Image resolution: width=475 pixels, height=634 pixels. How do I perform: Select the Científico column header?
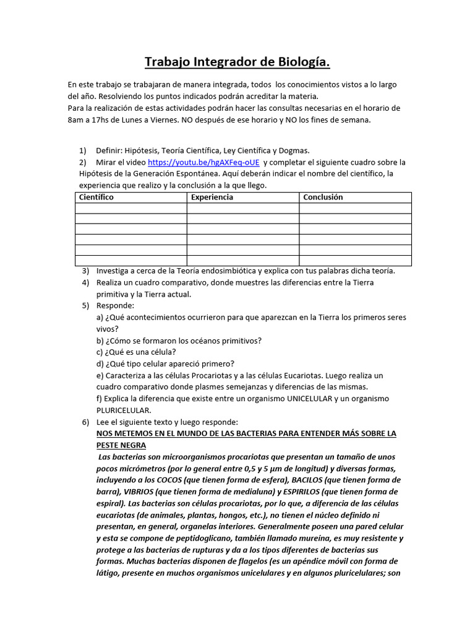[96, 198]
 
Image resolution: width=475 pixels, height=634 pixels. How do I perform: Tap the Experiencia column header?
[212, 198]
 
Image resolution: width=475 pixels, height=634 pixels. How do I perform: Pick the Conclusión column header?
[322, 198]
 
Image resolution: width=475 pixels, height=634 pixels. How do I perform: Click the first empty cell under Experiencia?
[242, 208]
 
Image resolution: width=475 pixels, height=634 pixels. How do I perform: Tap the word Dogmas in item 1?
[293, 150]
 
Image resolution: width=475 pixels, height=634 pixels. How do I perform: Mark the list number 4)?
[85, 282]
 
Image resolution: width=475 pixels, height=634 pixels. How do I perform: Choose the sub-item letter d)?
[100, 363]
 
